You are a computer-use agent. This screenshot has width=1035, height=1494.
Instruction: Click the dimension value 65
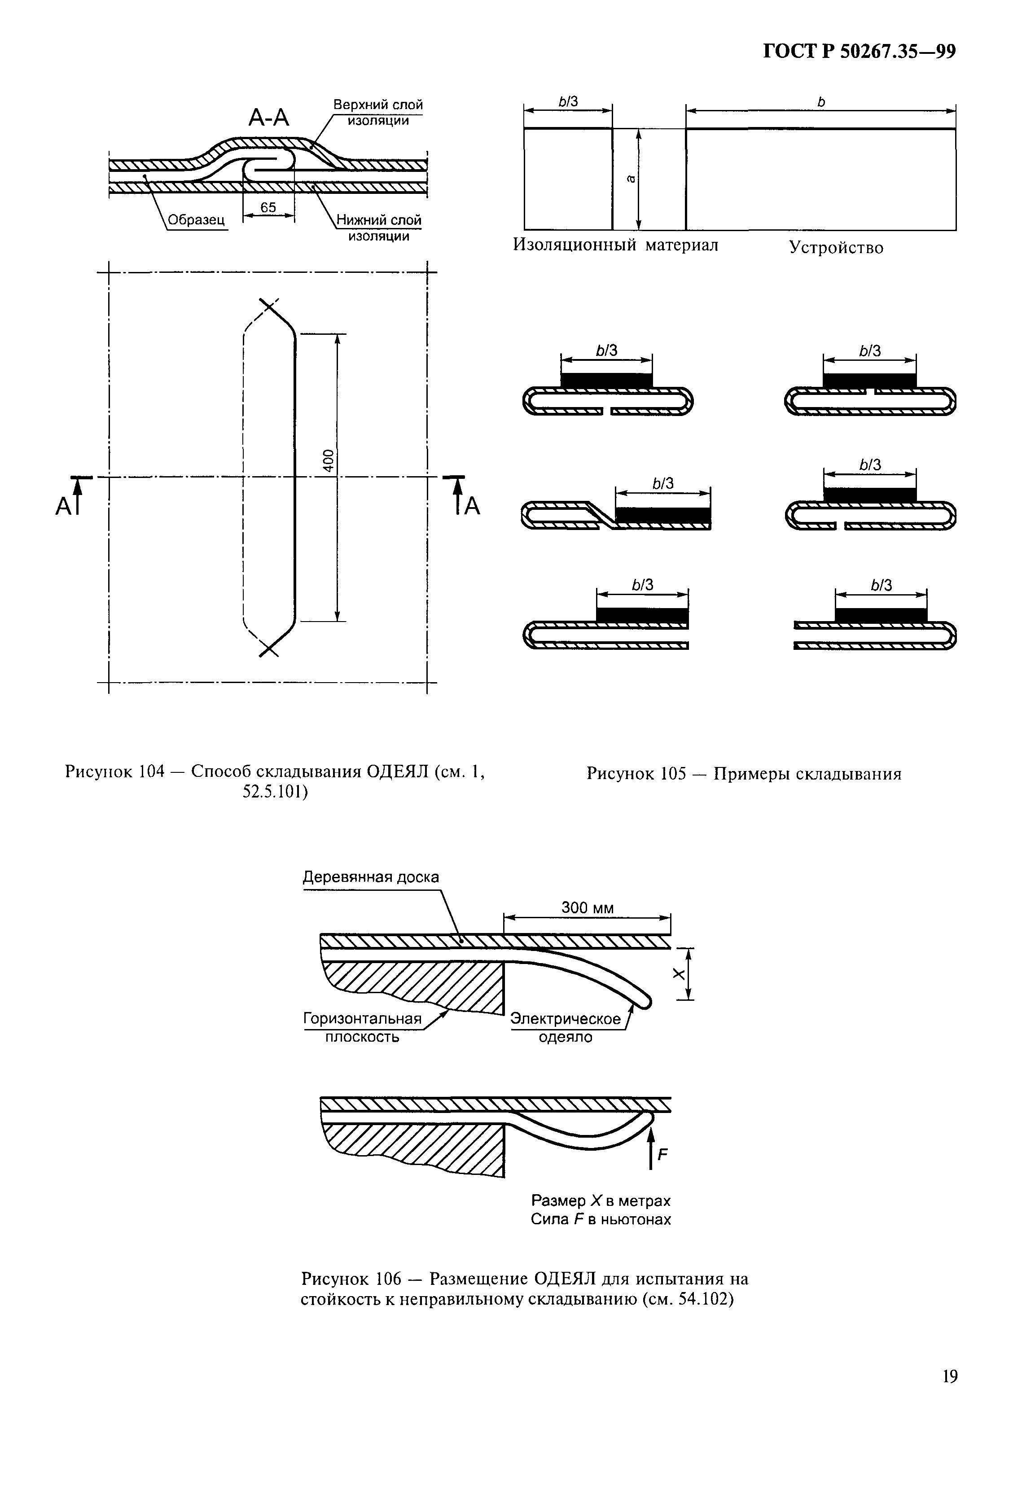click(268, 207)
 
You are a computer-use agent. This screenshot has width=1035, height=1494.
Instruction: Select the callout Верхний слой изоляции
click(378, 112)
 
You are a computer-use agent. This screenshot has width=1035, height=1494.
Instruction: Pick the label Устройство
click(836, 248)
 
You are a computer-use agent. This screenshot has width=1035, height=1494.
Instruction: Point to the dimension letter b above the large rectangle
click(821, 102)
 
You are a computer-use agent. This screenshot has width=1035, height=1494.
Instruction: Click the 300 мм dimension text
click(587, 908)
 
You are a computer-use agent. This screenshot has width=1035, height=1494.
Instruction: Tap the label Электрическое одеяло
click(566, 1028)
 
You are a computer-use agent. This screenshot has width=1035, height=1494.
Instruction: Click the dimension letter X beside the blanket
click(678, 974)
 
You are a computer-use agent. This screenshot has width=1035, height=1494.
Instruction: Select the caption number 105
click(673, 774)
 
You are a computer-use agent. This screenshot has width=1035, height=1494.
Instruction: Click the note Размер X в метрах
click(601, 1201)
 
